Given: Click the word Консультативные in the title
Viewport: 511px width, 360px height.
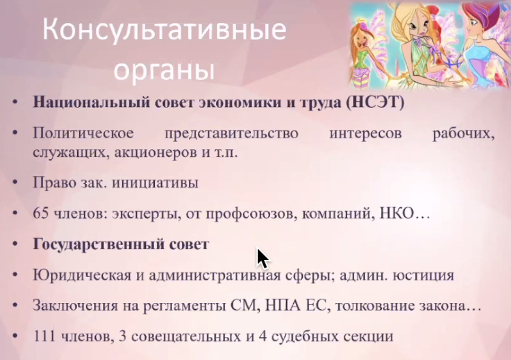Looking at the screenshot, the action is click(164, 29).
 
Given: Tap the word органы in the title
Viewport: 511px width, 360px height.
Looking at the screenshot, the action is click(164, 70).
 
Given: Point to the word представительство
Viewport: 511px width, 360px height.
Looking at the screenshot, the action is click(231, 133).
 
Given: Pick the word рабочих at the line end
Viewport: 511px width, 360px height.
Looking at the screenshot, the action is click(463, 134).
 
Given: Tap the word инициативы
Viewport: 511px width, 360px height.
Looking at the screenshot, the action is click(155, 183).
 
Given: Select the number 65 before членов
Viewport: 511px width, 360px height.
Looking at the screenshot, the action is click(41, 213).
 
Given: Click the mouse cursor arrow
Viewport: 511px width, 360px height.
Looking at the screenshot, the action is click(263, 259).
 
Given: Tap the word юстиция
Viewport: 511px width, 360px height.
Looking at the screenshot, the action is click(423, 276).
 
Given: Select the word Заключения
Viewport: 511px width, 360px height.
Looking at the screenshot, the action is click(75, 306).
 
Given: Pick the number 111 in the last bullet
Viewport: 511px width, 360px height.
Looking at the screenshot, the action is click(44, 336).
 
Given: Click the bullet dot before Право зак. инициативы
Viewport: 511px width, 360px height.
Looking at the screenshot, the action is click(15, 183).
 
